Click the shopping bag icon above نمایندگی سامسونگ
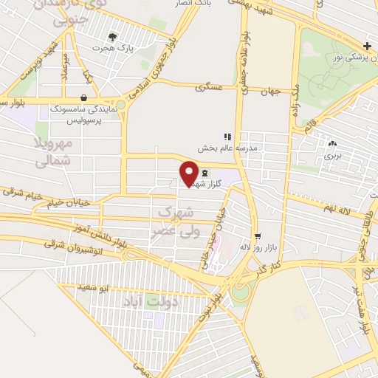click(x=83, y=97)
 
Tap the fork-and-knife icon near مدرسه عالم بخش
click(x=227, y=137)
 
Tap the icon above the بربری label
click(x=333, y=144)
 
